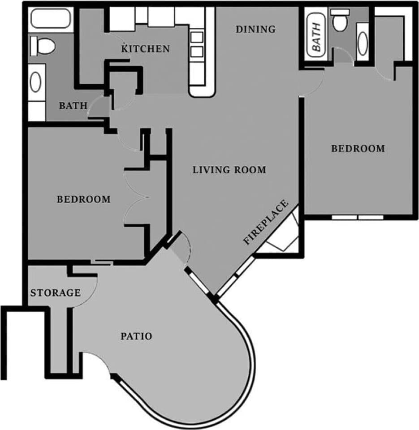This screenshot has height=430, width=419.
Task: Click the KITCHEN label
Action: tap(146, 48)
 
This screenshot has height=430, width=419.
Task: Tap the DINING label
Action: tap(255, 30)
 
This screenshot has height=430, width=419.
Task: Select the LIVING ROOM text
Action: tap(229, 170)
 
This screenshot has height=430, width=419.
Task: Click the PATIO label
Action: tap(136, 336)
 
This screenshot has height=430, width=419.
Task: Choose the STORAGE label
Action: tap(55, 293)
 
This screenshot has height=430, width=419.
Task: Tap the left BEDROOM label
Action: tap(83, 199)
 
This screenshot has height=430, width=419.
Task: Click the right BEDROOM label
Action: tap(358, 148)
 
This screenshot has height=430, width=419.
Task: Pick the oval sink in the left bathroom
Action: tap(36, 82)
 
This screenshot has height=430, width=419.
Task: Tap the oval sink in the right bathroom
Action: tap(362, 43)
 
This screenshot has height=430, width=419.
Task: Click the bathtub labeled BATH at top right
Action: tap(316, 36)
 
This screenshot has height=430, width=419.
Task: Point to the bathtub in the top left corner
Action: tap(50, 18)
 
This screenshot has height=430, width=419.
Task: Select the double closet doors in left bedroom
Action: tap(137, 197)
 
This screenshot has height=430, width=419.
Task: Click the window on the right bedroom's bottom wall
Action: tap(358, 217)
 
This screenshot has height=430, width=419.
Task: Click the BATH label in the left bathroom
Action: tap(73, 106)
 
